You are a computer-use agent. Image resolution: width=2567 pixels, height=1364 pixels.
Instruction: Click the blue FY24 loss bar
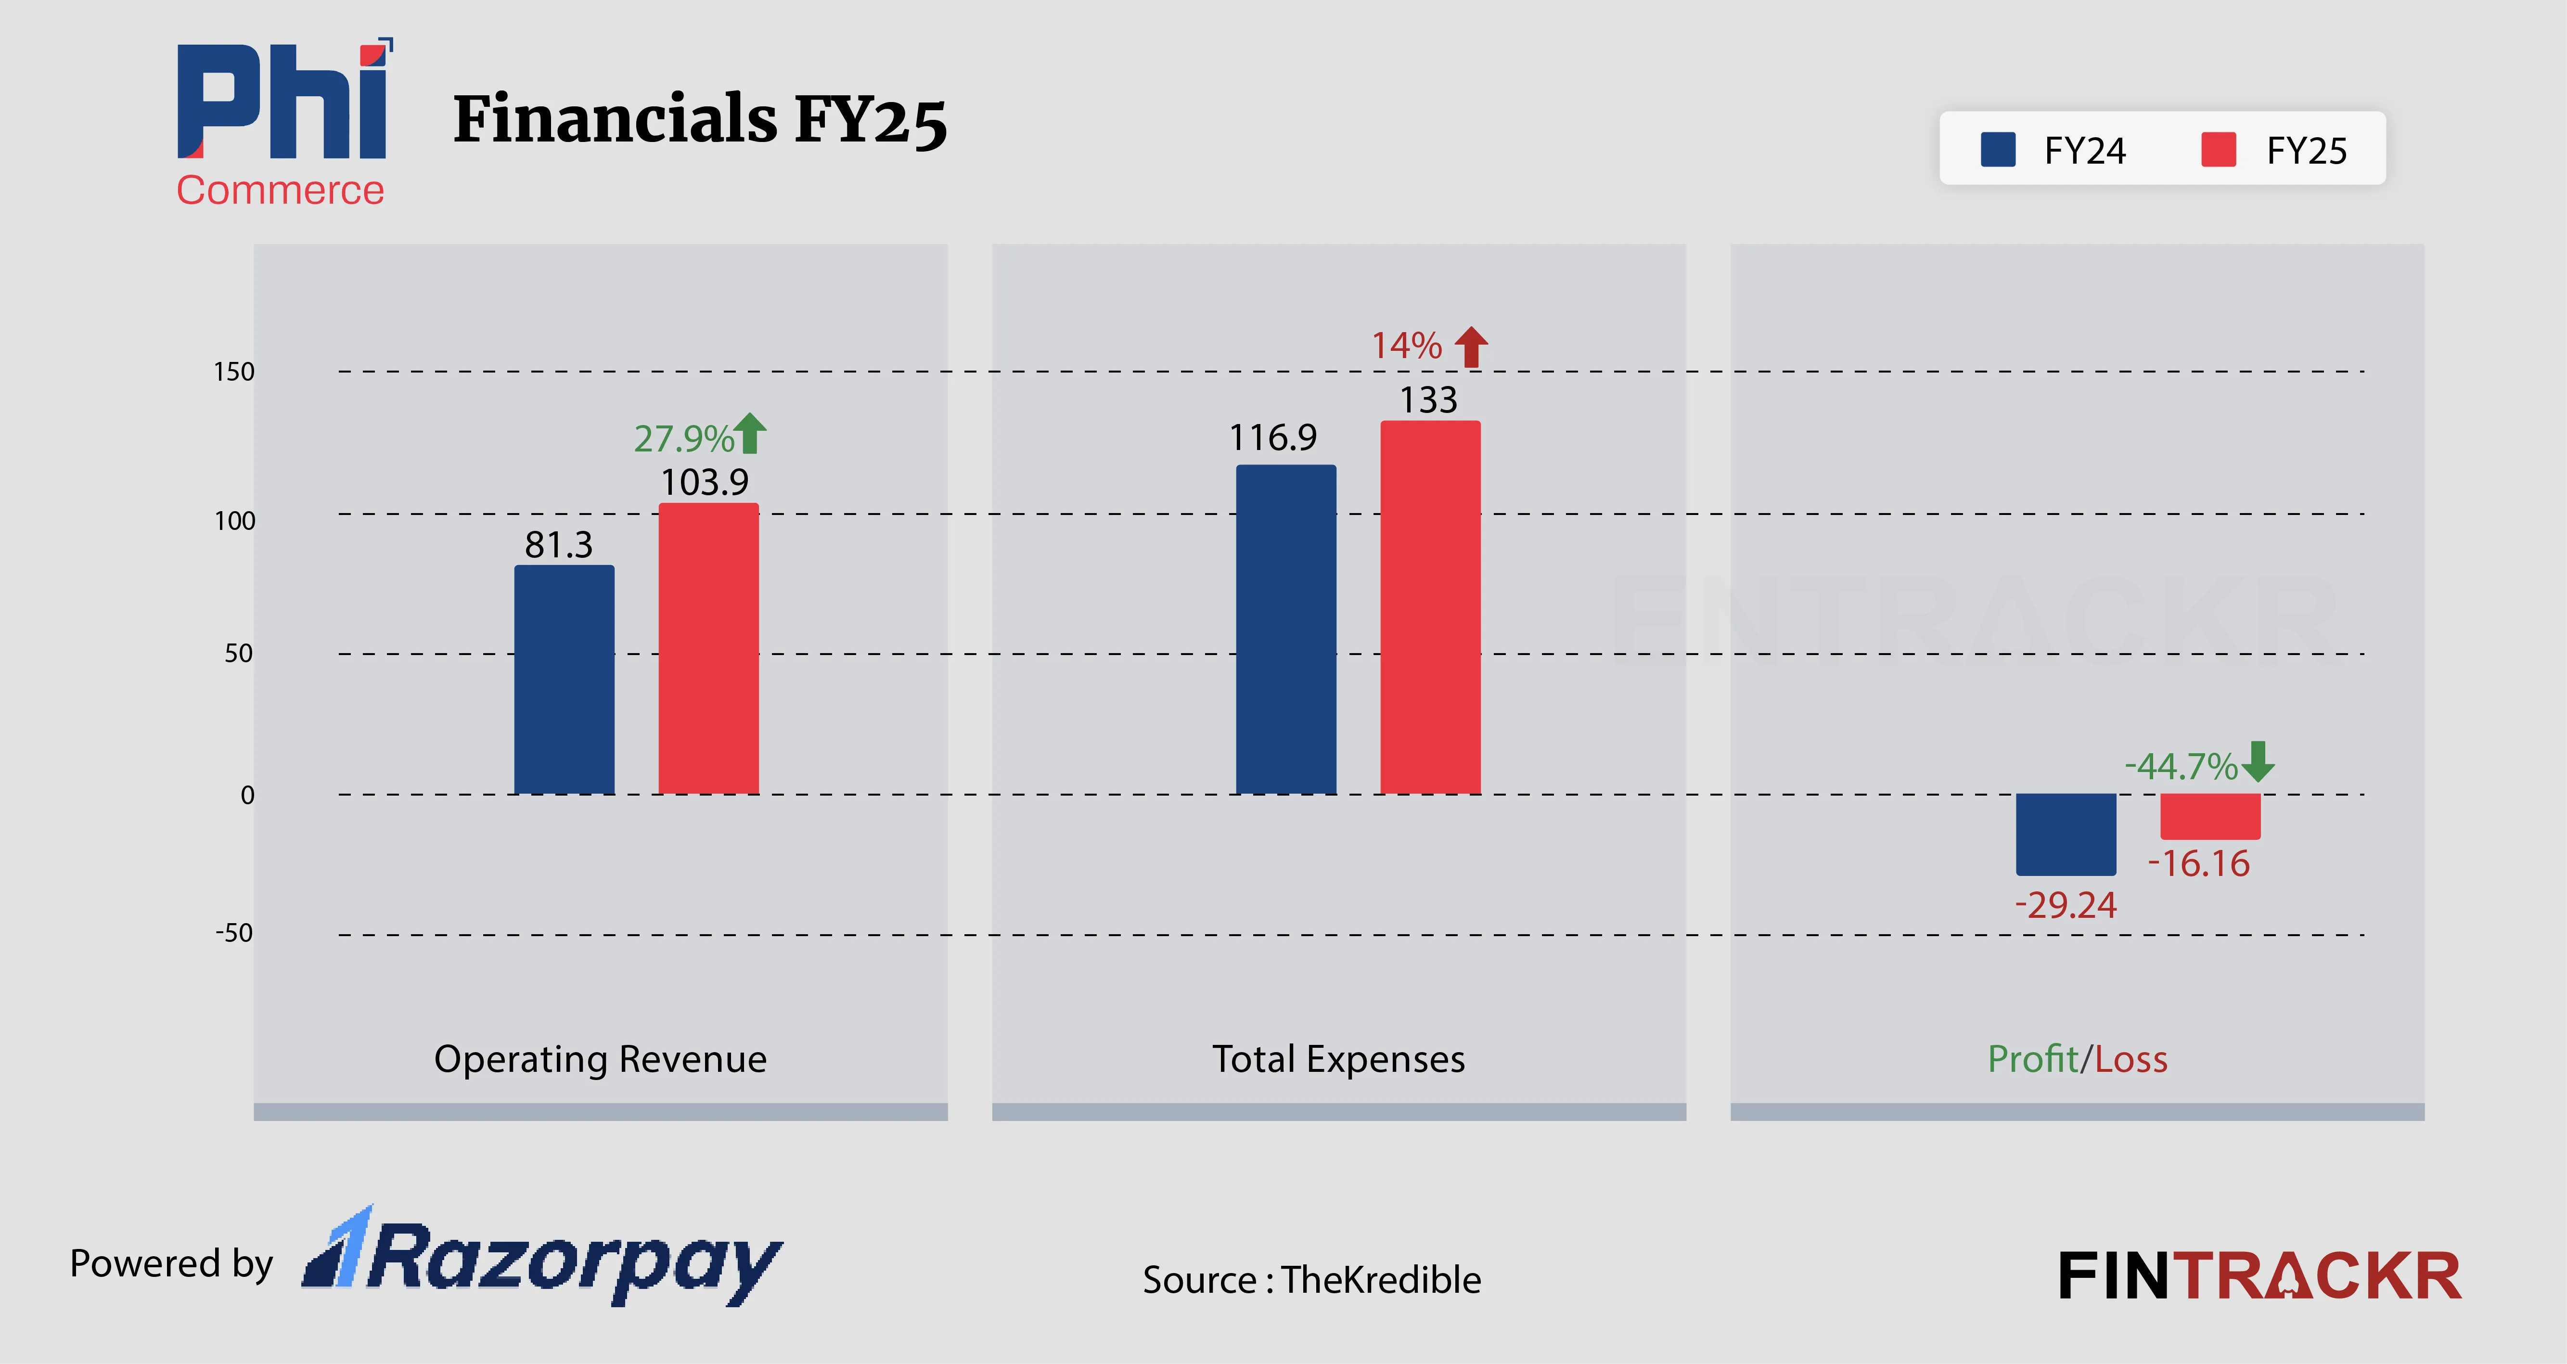[2066, 834]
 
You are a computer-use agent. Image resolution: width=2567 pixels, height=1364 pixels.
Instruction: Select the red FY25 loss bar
[2210, 816]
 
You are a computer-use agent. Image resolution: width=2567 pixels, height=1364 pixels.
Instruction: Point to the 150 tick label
[234, 372]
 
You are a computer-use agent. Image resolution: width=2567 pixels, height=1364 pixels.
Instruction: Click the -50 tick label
[234, 933]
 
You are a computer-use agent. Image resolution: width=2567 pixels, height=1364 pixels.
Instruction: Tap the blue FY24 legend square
[1998, 150]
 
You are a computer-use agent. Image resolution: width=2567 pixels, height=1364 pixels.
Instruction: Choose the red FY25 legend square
[2218, 150]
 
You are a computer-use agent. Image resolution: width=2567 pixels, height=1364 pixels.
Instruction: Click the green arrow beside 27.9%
[750, 434]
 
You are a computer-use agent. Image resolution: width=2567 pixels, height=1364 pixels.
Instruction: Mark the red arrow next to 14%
[1471, 347]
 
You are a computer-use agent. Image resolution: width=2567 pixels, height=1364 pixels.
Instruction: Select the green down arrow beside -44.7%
[2258, 761]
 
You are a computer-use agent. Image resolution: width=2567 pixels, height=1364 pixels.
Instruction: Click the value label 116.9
[1272, 438]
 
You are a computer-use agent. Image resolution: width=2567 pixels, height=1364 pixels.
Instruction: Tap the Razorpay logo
[543, 1257]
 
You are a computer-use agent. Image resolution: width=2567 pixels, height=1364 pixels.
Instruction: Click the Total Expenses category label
[1338, 1058]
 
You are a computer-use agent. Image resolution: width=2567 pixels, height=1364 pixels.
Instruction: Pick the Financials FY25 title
[700, 119]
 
